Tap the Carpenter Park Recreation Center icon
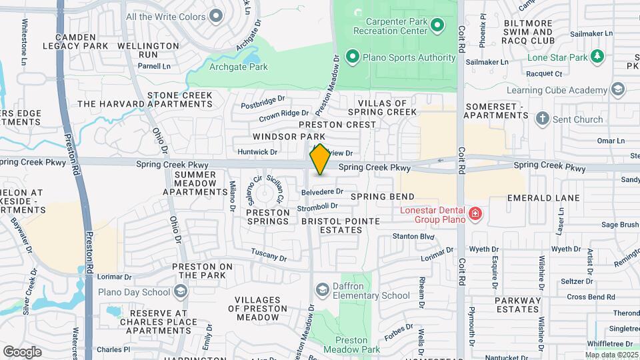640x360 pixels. [437, 26]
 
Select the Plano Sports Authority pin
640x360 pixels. [352, 57]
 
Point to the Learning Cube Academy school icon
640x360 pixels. [618, 89]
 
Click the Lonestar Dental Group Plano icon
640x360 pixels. [475, 214]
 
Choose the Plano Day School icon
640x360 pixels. [180, 291]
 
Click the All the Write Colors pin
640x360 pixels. [215, 15]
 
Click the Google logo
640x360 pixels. [22, 351]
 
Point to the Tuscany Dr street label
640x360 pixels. [269, 254]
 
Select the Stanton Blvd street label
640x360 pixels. [413, 236]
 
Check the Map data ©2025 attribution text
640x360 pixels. [611, 355]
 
